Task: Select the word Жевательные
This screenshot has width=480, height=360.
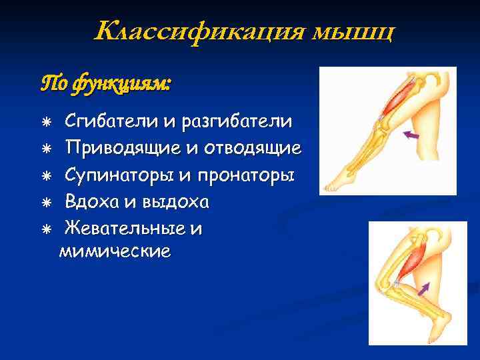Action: [x=127, y=229]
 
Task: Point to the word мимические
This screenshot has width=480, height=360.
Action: [x=115, y=251]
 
